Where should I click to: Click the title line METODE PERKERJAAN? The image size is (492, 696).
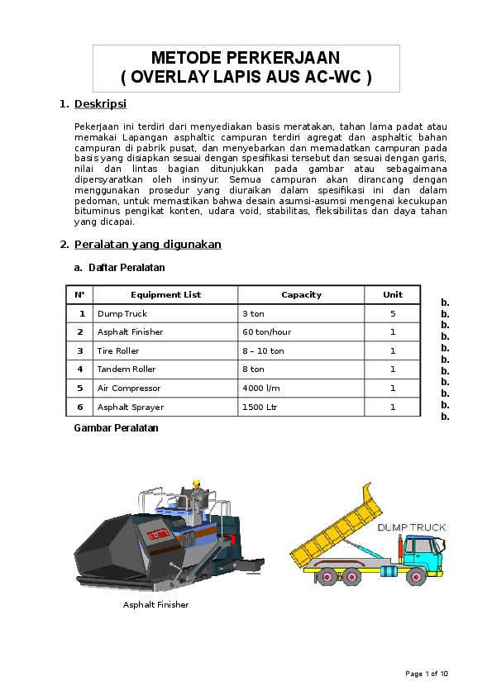[x=246, y=58]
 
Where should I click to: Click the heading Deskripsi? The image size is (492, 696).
[x=100, y=104]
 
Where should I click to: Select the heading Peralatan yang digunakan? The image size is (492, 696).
[x=147, y=245]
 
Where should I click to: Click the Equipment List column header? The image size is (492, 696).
[x=165, y=294]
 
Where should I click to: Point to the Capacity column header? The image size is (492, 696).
[x=301, y=294]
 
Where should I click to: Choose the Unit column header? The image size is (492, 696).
[x=393, y=294]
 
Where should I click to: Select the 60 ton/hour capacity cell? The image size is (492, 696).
[x=266, y=332]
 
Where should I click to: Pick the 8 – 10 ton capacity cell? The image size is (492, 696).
[x=263, y=351]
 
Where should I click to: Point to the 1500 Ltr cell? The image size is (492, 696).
[x=260, y=407]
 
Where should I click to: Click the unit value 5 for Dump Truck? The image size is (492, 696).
[x=393, y=314]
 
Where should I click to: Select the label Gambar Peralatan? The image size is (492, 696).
[x=116, y=428]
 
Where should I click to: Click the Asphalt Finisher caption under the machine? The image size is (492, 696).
[x=155, y=605]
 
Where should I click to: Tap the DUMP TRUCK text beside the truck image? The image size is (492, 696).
[x=412, y=527]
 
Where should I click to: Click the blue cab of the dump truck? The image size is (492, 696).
[x=421, y=550]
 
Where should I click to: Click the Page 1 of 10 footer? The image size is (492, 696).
[x=427, y=674]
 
